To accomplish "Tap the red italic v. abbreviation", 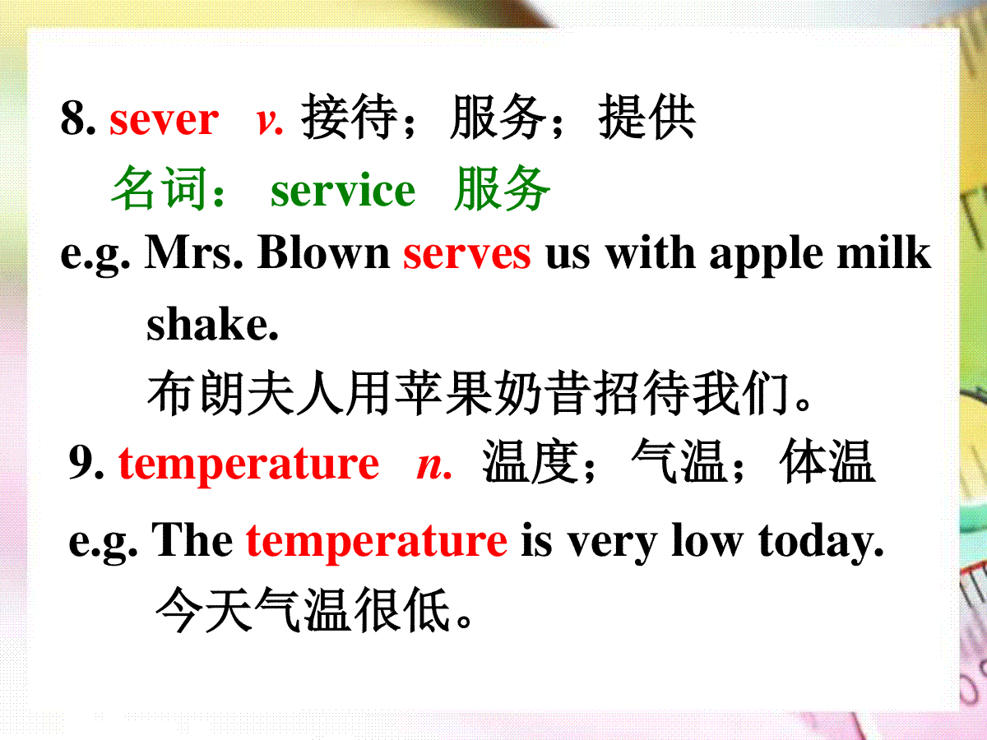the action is [270, 122].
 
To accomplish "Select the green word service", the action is [343, 191].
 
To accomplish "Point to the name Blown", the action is [324, 252].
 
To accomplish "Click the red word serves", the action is [466, 255].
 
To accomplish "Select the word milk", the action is [883, 252].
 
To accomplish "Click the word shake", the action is [212, 323].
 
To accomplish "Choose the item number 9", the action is [86, 463].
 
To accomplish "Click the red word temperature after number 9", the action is [248, 465].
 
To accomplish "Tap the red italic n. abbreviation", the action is [434, 466].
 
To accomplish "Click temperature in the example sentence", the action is [377, 543].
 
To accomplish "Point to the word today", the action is [821, 543].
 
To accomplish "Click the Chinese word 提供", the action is [647, 117].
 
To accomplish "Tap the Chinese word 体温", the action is [827, 461].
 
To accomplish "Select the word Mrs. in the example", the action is [194, 252].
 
